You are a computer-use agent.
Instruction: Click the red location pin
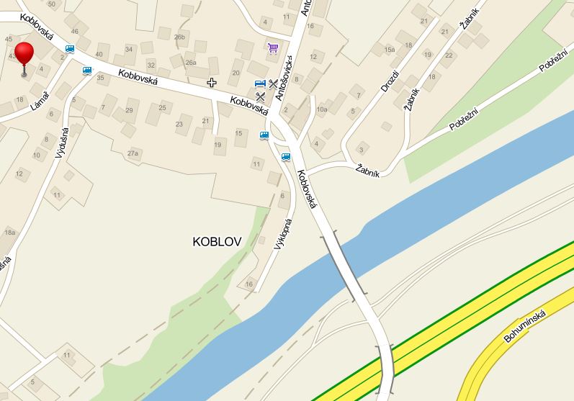click(x=24, y=55)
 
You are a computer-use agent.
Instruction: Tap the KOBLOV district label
click(x=216, y=241)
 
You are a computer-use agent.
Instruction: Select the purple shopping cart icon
click(x=272, y=48)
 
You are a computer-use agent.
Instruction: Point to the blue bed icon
click(x=260, y=84)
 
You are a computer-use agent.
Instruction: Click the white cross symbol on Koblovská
click(x=212, y=82)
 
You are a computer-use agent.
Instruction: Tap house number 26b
click(x=179, y=37)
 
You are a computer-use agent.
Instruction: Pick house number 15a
click(x=390, y=50)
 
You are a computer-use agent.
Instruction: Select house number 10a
click(x=322, y=109)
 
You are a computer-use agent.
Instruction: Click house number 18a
click(x=10, y=232)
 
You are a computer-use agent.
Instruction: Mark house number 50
click(x=51, y=4)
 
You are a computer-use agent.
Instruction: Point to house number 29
click(x=129, y=110)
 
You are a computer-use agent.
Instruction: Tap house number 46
click(x=74, y=32)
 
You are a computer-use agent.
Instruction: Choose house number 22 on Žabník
click(x=449, y=55)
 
